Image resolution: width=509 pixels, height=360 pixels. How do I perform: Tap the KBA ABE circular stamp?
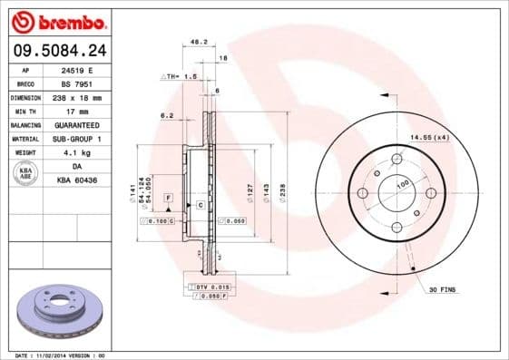point(26,173)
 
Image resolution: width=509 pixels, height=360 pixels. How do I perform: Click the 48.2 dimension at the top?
point(195,42)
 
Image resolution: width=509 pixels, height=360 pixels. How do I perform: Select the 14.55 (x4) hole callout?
point(429,137)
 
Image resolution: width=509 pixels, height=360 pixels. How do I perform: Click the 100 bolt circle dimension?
point(402,184)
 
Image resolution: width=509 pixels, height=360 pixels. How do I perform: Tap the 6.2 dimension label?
point(166,115)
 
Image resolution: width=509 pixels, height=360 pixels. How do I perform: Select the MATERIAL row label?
point(26,139)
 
